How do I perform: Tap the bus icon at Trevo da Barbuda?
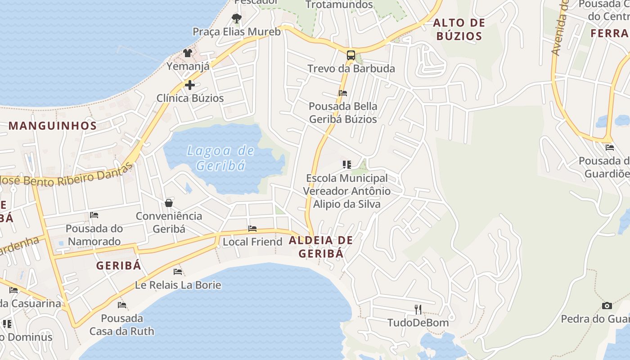click(351, 56)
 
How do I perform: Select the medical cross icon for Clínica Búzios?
click(190, 85)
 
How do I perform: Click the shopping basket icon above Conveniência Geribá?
click(169, 203)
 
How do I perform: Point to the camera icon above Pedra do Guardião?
click(607, 306)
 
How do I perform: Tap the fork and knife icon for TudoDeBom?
click(418, 309)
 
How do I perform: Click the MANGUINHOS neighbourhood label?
click(53, 126)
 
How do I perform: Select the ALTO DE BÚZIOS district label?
click(459, 29)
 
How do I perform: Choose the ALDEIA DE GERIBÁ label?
click(321, 247)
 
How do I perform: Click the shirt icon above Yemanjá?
click(188, 53)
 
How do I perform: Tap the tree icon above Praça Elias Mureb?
click(236, 18)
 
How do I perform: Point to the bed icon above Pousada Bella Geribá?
click(343, 93)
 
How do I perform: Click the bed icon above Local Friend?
click(252, 229)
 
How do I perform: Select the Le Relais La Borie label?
click(178, 285)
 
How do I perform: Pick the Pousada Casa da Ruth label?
click(121, 325)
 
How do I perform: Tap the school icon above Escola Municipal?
click(346, 165)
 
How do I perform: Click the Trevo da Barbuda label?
click(351, 69)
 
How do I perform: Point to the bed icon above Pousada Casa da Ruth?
click(122, 305)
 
